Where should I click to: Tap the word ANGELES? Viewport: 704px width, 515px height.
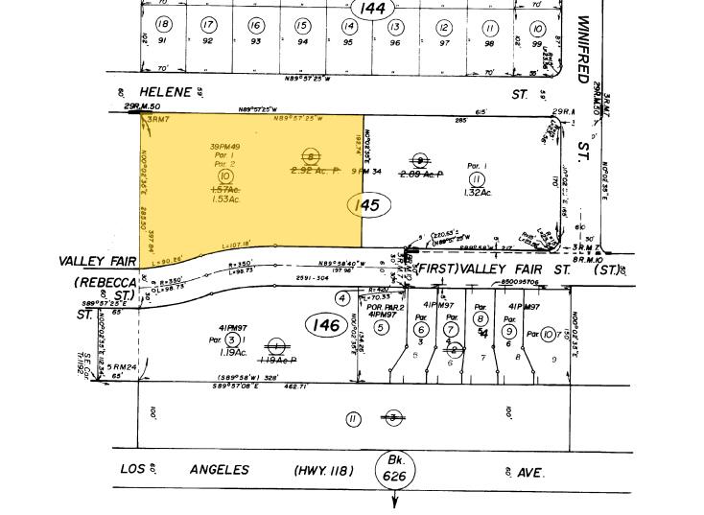click(220, 470)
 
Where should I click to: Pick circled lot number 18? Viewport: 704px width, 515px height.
click(163, 25)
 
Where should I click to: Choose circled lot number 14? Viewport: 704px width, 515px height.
click(348, 26)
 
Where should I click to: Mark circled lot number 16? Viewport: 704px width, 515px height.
click(255, 26)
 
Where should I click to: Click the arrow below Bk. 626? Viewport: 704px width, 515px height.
click(394, 500)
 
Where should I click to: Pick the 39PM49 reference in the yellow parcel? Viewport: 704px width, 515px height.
click(225, 146)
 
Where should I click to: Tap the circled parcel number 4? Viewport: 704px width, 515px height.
click(340, 298)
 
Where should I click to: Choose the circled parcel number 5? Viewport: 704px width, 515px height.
click(382, 327)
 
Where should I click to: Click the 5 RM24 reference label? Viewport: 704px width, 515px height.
click(123, 366)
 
